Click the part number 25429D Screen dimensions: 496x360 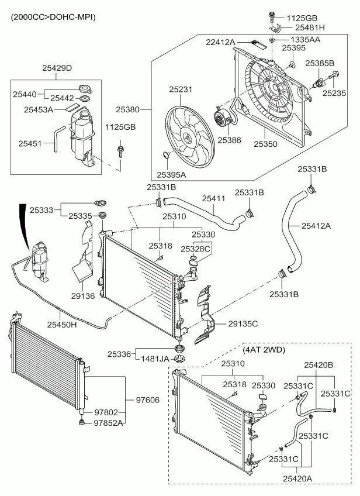[x=57, y=68]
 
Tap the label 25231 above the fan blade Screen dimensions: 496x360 [x=181, y=89]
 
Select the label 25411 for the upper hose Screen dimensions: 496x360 [x=213, y=199]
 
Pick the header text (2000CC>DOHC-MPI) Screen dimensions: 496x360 [x=53, y=17]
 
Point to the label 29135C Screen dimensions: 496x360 [x=243, y=323]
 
